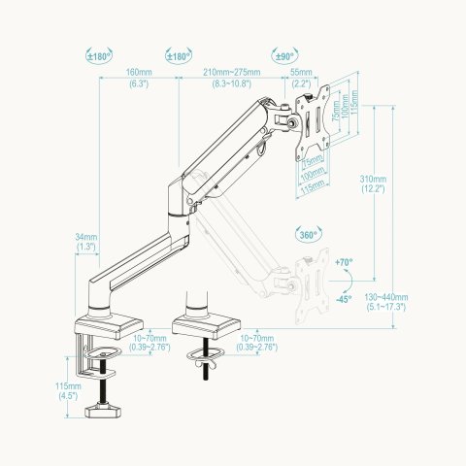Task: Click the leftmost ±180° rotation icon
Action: pyautogui.click(x=99, y=57)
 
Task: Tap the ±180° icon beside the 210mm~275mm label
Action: pyautogui.click(x=177, y=57)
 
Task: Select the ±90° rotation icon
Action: pyautogui.click(x=284, y=57)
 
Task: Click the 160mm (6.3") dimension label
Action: pyautogui.click(x=139, y=79)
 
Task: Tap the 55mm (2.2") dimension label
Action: pyautogui.click(x=302, y=79)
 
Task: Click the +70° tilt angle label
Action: pyautogui.click(x=343, y=263)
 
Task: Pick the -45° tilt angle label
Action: pyautogui.click(x=343, y=299)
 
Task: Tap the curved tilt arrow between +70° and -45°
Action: pyautogui.click(x=349, y=281)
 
